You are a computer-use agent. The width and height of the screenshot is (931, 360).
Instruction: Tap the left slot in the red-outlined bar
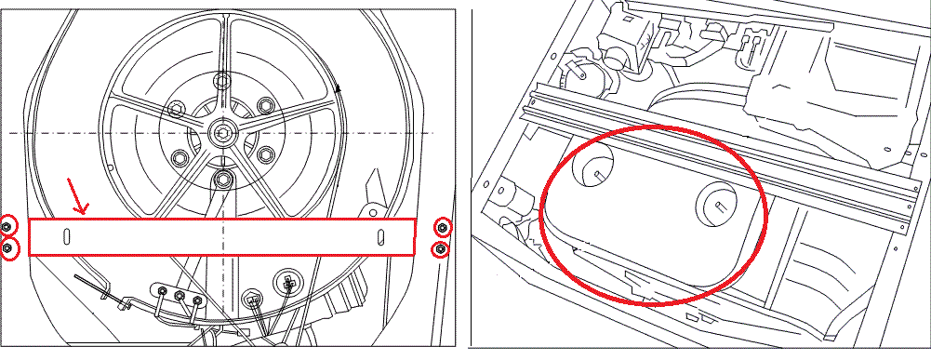coord(66,236)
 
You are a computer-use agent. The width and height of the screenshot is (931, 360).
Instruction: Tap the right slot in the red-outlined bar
coord(380,236)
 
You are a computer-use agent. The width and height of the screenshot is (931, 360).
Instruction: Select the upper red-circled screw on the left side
coord(7,226)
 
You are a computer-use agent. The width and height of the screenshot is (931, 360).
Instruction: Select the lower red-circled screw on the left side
coord(7,247)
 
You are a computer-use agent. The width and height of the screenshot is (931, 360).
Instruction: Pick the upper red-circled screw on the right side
coord(443,227)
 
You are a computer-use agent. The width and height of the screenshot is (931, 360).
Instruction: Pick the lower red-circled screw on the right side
coord(443,248)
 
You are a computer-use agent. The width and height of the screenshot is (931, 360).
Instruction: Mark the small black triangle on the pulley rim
coord(339,88)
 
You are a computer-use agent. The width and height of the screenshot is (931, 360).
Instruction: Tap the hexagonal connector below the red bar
coord(250,300)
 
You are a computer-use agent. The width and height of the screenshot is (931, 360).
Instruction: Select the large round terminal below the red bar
coord(288,281)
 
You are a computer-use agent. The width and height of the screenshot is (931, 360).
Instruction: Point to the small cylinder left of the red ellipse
coord(507,196)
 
